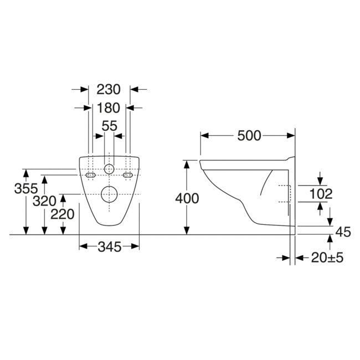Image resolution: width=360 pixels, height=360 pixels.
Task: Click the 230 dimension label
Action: [109, 89]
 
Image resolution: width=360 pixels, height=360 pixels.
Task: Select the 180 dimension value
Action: [109, 107]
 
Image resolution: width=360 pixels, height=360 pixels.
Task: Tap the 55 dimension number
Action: [109, 126]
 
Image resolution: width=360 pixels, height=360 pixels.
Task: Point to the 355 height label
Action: [26, 188]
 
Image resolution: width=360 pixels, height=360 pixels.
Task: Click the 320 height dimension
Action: [44, 201]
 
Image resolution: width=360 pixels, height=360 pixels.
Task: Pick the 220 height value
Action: [63, 214]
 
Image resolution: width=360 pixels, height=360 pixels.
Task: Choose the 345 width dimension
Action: [109, 247]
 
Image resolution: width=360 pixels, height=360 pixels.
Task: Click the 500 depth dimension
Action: [249, 136]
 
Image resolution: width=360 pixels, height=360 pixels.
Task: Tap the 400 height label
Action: [187, 198]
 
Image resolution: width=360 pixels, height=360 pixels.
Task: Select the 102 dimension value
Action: [321, 194]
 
